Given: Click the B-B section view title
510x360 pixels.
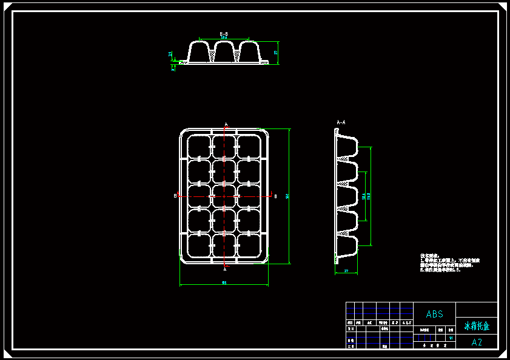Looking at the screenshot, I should click(x=223, y=34).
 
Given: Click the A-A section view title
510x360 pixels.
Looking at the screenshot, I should click(x=341, y=122).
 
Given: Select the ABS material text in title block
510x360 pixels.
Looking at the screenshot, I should click(x=434, y=314).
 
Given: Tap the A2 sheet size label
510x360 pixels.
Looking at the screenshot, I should click(x=477, y=342).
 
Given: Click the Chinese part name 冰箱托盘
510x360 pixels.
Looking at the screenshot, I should click(x=477, y=326).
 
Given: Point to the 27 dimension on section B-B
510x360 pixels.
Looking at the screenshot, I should click(x=276, y=53).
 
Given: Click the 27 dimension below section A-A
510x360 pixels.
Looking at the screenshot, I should click(x=346, y=271).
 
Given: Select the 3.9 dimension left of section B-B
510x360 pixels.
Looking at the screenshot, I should click(x=170, y=54).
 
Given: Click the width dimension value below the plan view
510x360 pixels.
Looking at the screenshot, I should click(x=224, y=283).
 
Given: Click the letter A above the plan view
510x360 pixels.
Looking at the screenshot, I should click(x=226, y=125).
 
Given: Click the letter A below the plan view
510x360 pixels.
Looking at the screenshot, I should click(x=226, y=267).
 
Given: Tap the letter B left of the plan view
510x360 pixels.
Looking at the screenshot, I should click(x=175, y=196).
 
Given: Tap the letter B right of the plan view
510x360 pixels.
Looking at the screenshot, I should click(x=275, y=196).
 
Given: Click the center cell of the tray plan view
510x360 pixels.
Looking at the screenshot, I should click(x=224, y=196).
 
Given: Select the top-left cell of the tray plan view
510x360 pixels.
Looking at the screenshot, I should click(x=198, y=146).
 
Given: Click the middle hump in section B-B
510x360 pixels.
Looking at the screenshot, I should click(x=224, y=51).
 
